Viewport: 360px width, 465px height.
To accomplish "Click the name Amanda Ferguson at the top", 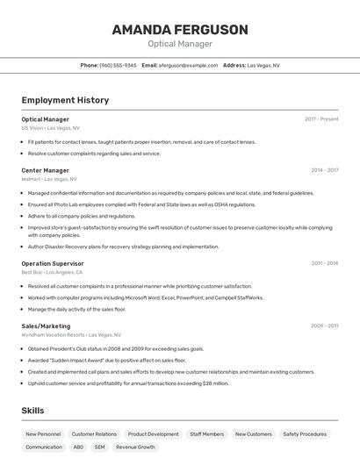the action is coord(180,30).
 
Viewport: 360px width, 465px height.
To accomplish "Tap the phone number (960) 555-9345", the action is coord(118,65).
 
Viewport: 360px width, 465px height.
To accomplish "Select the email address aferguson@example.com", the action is coord(188,65).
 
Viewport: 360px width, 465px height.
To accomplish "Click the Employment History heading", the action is coord(65,100).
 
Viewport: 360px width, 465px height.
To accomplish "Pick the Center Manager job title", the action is coord(46,170).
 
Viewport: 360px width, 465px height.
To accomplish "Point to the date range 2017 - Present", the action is coord(321,119).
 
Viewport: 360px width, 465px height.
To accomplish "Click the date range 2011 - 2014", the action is coord(324,263).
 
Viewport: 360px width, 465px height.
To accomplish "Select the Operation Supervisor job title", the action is coord(53,263).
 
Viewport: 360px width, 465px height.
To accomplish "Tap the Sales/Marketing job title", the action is coord(47,325).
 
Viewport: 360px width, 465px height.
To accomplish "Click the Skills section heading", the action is coord(32,411).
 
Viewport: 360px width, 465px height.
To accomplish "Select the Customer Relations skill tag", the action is coord(94,434).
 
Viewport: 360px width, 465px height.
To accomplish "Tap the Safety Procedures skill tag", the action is coord(305,434).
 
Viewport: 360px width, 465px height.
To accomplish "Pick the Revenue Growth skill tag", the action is coord(135,447).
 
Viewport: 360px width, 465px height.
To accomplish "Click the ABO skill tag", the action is coord(78,447).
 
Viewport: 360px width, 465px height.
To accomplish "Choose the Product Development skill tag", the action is coord(153,434).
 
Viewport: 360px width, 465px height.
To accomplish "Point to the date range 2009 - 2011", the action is coord(324,325).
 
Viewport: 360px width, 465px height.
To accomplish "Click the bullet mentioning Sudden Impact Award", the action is coord(106,360).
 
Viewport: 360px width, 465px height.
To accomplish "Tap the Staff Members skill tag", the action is coord(207,434).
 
